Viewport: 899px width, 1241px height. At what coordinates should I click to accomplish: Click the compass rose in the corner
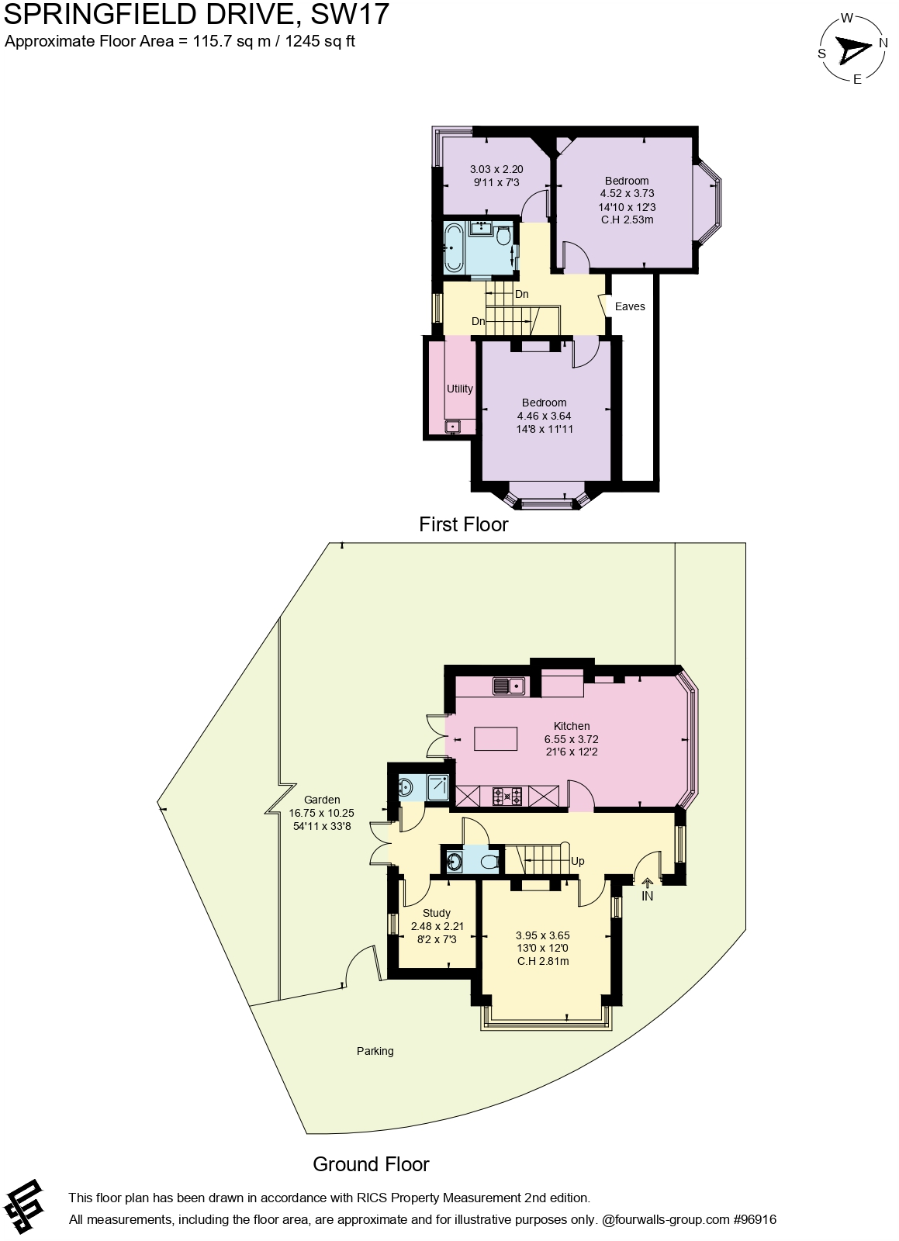click(852, 48)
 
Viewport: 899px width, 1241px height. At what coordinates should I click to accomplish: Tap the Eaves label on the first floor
click(630, 306)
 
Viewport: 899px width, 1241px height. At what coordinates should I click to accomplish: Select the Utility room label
click(459, 389)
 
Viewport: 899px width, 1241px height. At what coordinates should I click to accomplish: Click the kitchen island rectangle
click(496, 738)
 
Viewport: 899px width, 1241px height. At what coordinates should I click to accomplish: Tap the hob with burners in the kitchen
click(507, 795)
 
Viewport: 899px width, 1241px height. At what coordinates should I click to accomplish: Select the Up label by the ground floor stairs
click(577, 861)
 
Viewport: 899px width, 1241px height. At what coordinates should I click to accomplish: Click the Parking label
click(375, 1051)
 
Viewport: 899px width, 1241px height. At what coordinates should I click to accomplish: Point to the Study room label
click(436, 913)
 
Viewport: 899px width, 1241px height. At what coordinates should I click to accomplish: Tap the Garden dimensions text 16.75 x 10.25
click(321, 813)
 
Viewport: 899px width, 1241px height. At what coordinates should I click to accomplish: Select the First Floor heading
click(463, 524)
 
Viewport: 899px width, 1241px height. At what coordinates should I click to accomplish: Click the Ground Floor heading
click(371, 1163)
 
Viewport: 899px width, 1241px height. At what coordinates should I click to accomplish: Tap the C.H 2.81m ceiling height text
click(543, 961)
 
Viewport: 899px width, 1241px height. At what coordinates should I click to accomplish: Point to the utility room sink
click(452, 427)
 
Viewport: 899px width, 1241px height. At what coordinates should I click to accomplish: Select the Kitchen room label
click(572, 726)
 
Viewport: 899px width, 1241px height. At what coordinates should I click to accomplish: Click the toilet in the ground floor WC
click(489, 861)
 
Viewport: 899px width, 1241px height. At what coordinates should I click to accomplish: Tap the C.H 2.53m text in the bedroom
click(627, 220)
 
